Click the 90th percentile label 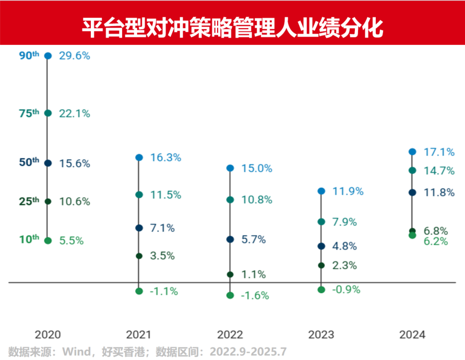pyautogui.click(x=29, y=56)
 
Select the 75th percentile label pyautogui.click(x=29, y=113)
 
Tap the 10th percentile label pyautogui.click(x=29, y=240)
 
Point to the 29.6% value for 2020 pyautogui.click(x=75, y=56)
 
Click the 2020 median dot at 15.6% pyautogui.click(x=48, y=163)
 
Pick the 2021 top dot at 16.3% pyautogui.click(x=139, y=158)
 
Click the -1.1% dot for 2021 pyautogui.click(x=139, y=291)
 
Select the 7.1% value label pyautogui.click(x=162, y=228)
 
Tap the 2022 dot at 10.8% pyautogui.click(x=230, y=199)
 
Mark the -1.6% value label pyautogui.click(x=255, y=296)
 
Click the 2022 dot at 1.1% pyautogui.click(x=230, y=274)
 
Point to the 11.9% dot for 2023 pyautogui.click(x=321, y=191)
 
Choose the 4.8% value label pyautogui.click(x=344, y=246)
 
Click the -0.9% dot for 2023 pyautogui.click(x=321, y=290)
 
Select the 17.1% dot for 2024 pyautogui.click(x=412, y=151)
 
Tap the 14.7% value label pyautogui.click(x=438, y=171)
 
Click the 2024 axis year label pyautogui.click(x=412, y=334)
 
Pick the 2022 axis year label pyautogui.click(x=230, y=334)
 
